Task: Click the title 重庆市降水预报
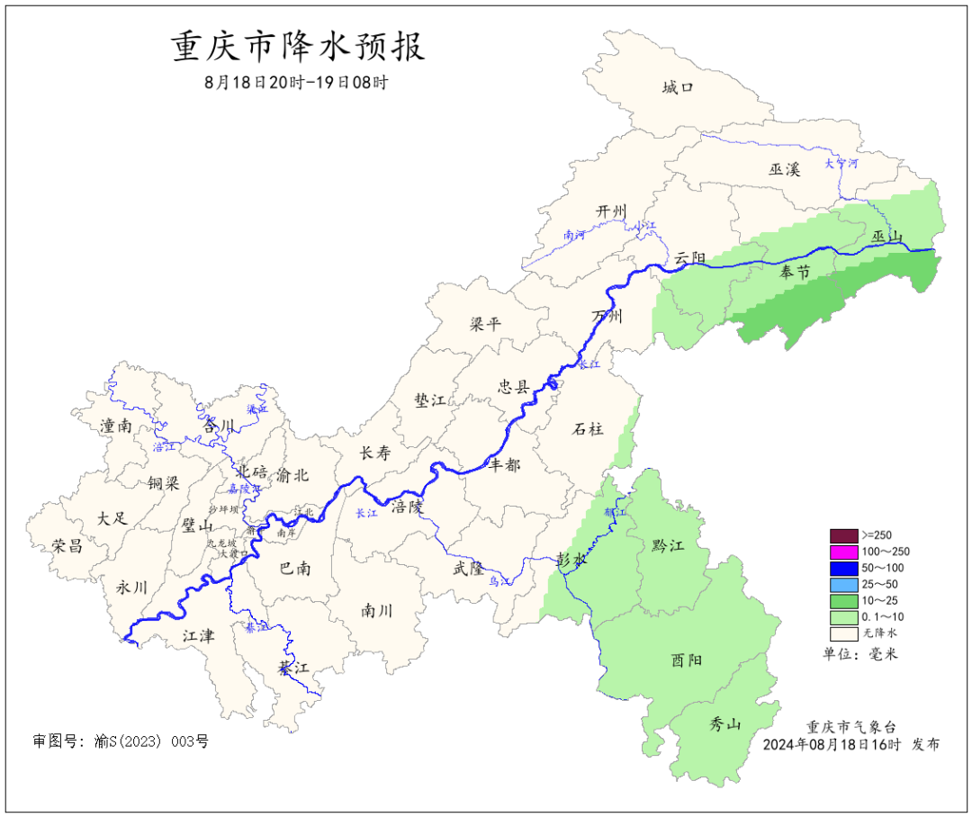(298, 47)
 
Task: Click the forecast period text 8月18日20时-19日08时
(298, 83)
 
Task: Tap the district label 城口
(678, 87)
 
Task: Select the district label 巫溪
(784, 169)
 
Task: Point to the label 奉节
(795, 272)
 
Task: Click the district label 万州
(607, 317)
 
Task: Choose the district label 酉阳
(687, 660)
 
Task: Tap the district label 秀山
(724, 723)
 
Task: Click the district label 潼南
(116, 426)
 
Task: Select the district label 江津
(198, 635)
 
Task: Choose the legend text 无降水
(879, 633)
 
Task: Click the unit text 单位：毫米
(860, 654)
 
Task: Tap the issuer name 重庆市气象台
(850, 727)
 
